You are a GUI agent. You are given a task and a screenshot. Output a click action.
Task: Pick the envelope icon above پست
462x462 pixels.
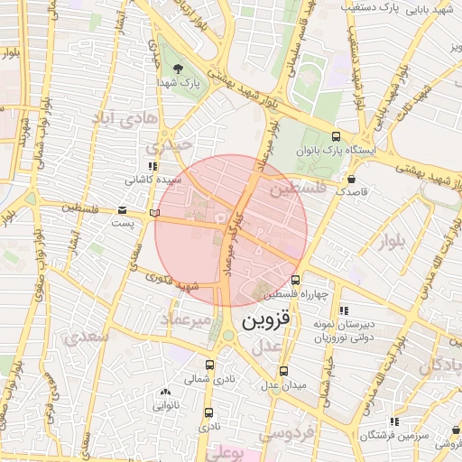122,210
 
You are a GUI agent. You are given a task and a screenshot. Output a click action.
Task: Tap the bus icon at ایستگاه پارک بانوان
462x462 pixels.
336,136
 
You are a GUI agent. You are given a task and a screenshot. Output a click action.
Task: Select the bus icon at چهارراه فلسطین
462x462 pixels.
295,280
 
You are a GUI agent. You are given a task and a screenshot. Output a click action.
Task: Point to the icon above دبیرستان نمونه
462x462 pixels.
343,311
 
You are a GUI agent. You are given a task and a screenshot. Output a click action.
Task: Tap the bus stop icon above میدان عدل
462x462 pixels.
284,371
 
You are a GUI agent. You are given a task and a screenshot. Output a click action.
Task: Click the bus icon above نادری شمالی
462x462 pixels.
210,365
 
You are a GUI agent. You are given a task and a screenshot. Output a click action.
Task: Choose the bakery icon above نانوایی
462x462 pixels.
165,392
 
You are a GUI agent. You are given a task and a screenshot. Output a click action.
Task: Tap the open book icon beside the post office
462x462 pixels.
153,212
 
